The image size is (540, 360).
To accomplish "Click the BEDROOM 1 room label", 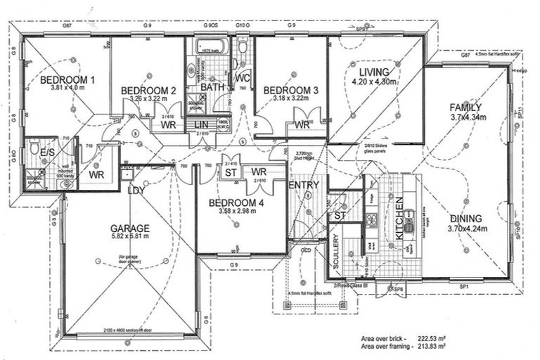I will [67, 79].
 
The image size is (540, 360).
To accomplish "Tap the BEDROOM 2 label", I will [148, 91].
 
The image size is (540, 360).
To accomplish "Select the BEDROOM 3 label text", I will [290, 90].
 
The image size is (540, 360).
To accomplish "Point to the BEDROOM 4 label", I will [237, 203].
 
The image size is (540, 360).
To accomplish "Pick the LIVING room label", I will [374, 72].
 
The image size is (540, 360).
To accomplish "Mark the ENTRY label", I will [304, 185].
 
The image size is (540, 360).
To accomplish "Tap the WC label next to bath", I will [243, 77].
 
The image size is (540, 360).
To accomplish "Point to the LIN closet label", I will [200, 125].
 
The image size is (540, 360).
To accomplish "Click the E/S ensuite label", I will [49, 152].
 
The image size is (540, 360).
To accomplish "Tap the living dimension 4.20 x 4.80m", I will [374, 82].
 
